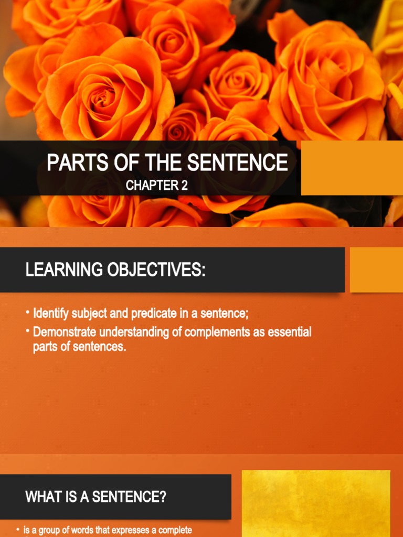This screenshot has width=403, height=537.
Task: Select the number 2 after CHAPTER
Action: pos(184,185)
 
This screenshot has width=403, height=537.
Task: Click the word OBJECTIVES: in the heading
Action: pos(156,271)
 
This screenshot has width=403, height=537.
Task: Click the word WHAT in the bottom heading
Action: pos(41,497)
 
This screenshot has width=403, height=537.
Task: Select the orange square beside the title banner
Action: pos(352,168)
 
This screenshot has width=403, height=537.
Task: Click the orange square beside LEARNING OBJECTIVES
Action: pos(376,270)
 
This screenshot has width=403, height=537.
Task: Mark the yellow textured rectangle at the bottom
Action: pos(316,503)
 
